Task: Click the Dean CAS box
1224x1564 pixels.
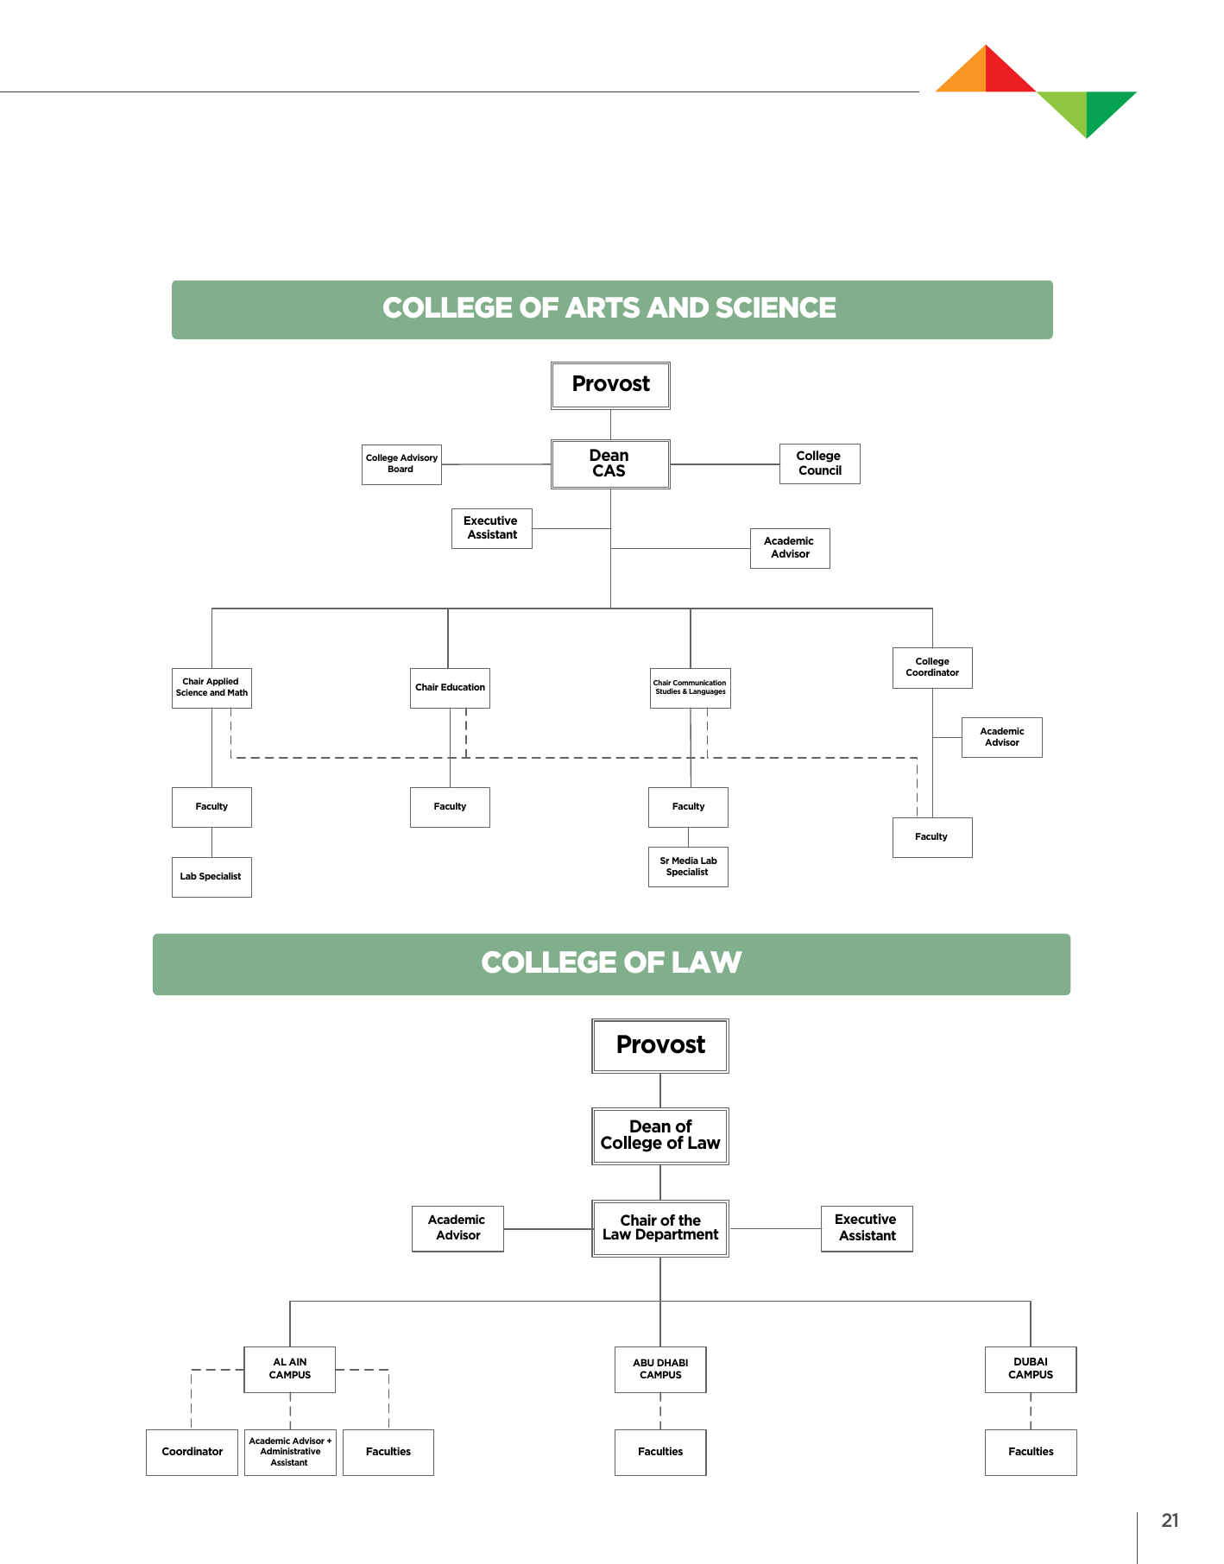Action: (x=610, y=464)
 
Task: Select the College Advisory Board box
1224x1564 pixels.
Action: (x=401, y=464)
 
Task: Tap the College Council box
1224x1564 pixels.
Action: (x=819, y=464)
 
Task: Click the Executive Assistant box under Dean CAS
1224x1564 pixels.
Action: (x=491, y=528)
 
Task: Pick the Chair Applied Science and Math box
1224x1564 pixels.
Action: (x=211, y=688)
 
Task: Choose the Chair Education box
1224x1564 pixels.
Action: (x=450, y=688)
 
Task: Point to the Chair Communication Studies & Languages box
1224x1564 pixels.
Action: (x=690, y=688)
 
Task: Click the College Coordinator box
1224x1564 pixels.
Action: (x=932, y=667)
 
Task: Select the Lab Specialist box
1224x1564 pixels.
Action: (x=211, y=877)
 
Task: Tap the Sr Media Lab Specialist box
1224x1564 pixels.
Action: (x=688, y=867)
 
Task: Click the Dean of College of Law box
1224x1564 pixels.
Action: (x=660, y=1136)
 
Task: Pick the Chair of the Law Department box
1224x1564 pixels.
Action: (x=660, y=1228)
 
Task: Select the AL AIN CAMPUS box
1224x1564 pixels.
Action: (x=290, y=1369)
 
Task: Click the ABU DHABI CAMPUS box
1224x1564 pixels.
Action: (x=660, y=1370)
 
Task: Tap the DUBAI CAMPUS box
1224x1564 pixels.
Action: (x=1031, y=1369)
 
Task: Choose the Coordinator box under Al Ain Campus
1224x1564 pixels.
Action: (x=192, y=1452)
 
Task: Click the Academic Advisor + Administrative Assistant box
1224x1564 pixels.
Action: (x=290, y=1452)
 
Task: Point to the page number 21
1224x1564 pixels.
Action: (x=1170, y=1521)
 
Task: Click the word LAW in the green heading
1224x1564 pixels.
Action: (x=707, y=963)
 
